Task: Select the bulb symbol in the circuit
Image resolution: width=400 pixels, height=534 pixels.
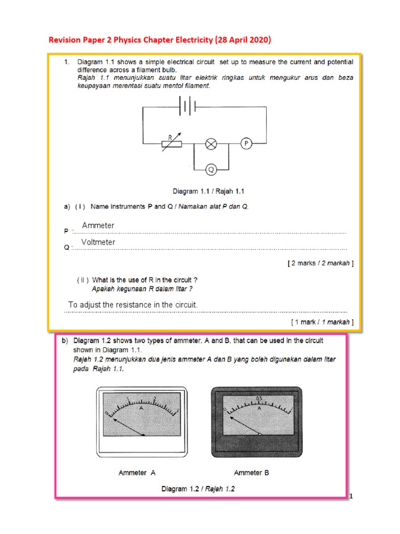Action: [211, 144]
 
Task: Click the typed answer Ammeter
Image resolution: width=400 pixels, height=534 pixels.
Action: [98, 225]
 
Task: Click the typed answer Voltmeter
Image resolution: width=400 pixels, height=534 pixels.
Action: [98, 242]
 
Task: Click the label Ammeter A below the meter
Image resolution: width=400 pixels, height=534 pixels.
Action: [137, 472]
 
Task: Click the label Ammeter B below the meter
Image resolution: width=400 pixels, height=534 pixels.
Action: [252, 472]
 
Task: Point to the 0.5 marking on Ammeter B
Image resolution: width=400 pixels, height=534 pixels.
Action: [260, 399]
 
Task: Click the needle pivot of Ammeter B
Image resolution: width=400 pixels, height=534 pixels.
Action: [259, 433]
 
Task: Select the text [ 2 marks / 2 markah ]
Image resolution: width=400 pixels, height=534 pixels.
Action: [320, 263]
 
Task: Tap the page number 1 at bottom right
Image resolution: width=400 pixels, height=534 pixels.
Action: [352, 496]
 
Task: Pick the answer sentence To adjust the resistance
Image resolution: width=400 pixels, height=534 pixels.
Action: [133, 305]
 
